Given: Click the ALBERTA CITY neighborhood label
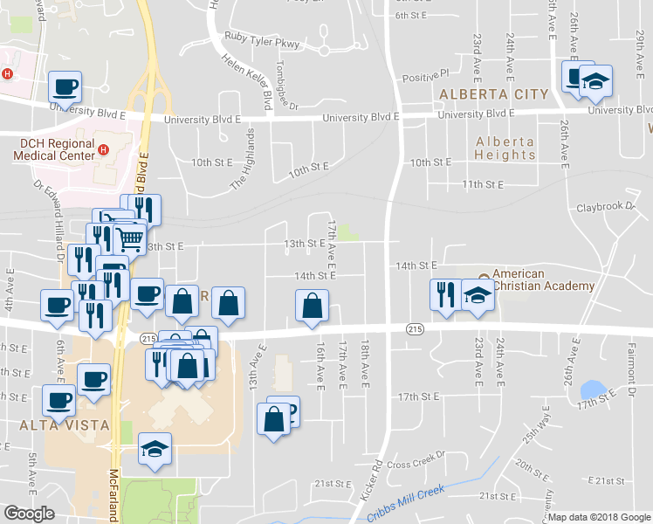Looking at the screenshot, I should (x=494, y=94).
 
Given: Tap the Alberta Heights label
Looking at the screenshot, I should (x=505, y=148).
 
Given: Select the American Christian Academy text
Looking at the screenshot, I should (x=542, y=279).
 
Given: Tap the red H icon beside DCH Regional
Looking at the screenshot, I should (x=104, y=149).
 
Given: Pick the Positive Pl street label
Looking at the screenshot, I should (x=425, y=74).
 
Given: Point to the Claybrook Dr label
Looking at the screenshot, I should (x=605, y=207).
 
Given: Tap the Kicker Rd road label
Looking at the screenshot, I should (x=370, y=485).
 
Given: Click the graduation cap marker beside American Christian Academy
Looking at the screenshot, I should (x=478, y=294).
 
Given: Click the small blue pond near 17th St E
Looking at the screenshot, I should (x=593, y=389).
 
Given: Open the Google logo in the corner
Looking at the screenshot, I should (x=29, y=514).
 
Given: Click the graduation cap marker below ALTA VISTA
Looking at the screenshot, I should (x=155, y=449).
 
